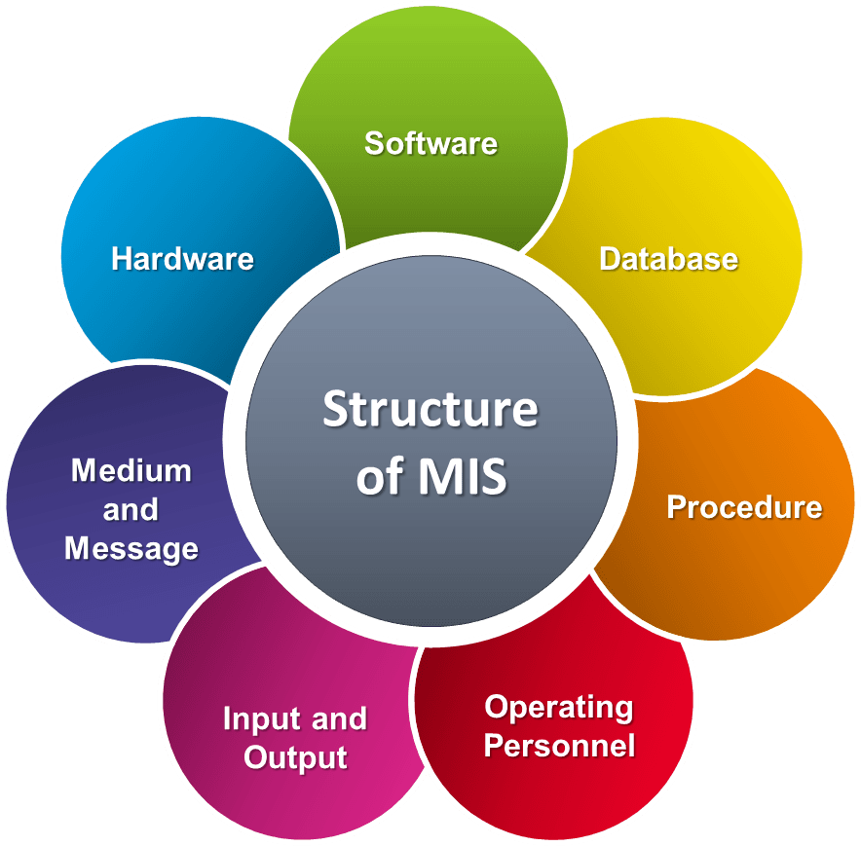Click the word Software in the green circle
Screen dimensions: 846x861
click(x=430, y=143)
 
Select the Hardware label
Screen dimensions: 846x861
click(x=182, y=259)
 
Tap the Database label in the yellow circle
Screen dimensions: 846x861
click(x=668, y=259)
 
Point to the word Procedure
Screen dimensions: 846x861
click(x=744, y=507)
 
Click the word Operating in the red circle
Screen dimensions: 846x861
click(x=559, y=708)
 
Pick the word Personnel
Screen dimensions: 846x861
click(x=559, y=747)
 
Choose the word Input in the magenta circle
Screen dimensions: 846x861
click(x=259, y=719)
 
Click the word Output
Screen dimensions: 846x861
click(x=295, y=758)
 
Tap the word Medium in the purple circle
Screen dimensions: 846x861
click(x=131, y=471)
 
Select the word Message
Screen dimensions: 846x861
click(x=131, y=549)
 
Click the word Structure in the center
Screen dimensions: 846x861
click(x=430, y=409)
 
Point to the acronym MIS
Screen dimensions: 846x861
click(x=463, y=478)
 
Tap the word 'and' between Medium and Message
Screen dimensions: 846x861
click(x=131, y=510)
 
